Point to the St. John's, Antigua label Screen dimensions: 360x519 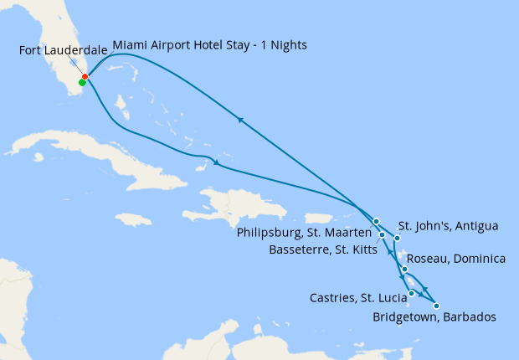coord(448,226)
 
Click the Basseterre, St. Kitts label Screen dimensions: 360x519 coord(322,249)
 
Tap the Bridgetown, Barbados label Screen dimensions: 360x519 coord(434,317)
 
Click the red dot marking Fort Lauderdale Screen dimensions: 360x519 coord(85,77)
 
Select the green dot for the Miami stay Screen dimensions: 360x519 coord(82,82)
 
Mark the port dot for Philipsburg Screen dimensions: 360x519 coord(377,222)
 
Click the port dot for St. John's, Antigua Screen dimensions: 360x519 coord(397,238)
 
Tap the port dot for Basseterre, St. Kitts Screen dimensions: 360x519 coord(383,235)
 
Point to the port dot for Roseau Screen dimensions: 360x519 coord(405,269)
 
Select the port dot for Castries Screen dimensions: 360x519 coord(412,293)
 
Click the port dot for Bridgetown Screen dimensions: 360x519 coord(436,306)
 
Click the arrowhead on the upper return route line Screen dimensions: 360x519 coord(241,120)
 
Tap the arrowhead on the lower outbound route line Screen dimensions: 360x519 coord(218,162)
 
